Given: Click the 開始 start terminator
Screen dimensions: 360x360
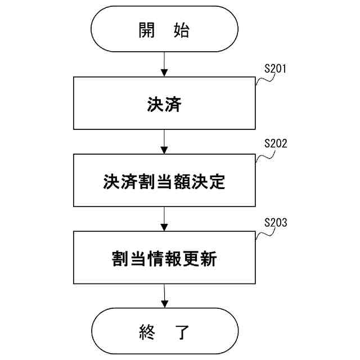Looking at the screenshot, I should (164, 30).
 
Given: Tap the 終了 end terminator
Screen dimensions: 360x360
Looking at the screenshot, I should (164, 331).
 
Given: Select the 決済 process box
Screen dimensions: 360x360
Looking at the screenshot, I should (164, 104).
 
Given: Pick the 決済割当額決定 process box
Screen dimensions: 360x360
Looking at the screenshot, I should (164, 182).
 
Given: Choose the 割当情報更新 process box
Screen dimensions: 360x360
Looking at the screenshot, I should (164, 259).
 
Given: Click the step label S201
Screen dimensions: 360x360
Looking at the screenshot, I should (276, 69).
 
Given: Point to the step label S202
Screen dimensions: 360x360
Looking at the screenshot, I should (276, 143).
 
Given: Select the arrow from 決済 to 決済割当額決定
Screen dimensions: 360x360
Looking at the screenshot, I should (164, 142).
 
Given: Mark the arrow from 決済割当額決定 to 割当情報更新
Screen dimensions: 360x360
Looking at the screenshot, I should (164, 219).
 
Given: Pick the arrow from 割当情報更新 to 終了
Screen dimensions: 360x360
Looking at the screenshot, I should (164, 296).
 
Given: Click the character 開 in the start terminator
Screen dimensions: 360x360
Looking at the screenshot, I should (147, 30).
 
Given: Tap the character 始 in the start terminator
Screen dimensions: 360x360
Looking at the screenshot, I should (181, 30).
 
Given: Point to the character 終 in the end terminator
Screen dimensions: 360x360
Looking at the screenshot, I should (147, 331).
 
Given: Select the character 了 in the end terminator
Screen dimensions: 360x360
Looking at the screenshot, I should (181, 331).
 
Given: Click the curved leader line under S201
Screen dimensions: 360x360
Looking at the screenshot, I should (264, 80).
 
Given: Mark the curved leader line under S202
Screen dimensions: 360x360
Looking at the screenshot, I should (264, 156).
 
